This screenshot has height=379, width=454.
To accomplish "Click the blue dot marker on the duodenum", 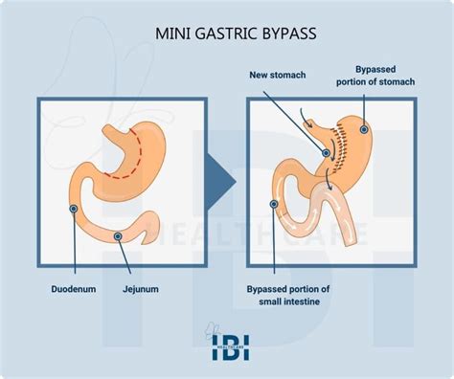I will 73,207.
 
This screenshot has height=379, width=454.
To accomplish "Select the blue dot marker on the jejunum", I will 118,235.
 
